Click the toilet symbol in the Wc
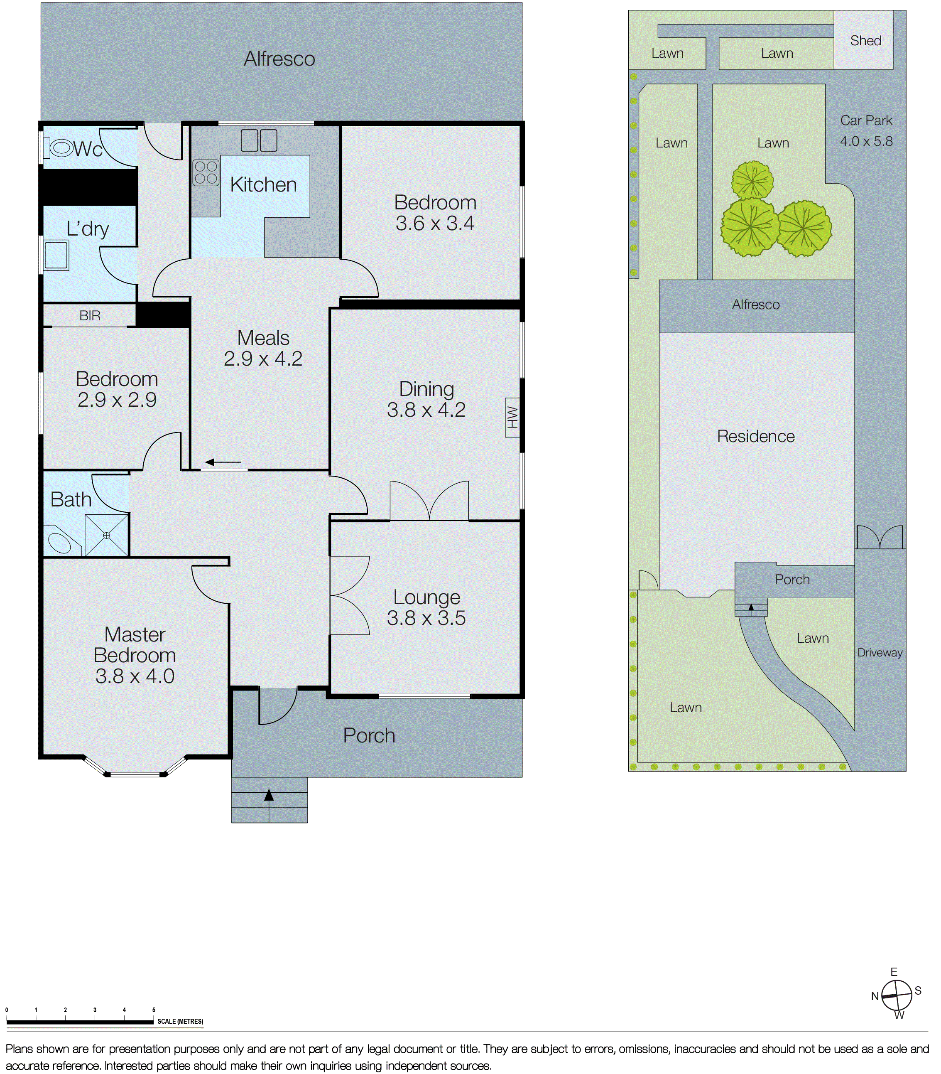click(60, 148)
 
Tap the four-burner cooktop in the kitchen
click(206, 173)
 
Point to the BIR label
click(90, 316)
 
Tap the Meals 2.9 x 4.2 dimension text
click(263, 359)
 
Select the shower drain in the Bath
click(107, 536)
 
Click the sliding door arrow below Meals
click(223, 462)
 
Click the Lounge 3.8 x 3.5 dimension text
click(426, 618)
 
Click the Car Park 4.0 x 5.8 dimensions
click(866, 141)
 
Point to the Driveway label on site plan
click(880, 653)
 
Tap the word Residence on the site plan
click(756, 436)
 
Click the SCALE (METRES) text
click(180, 1022)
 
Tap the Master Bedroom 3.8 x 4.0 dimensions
click(135, 676)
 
